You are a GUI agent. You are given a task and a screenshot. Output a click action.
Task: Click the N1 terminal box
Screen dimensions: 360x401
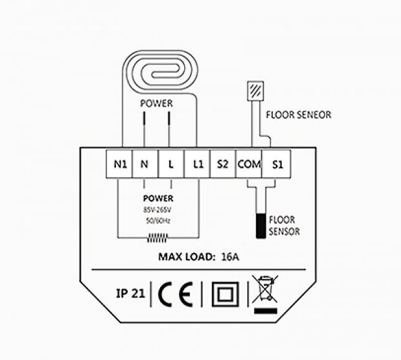click(119, 164)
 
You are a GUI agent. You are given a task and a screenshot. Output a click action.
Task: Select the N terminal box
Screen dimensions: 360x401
click(145, 164)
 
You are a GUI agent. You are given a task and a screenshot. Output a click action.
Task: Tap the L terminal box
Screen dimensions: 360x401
click(170, 164)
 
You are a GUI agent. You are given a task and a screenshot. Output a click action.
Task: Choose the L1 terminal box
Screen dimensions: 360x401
click(196, 164)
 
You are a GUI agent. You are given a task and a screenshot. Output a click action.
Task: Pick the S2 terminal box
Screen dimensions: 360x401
click(223, 164)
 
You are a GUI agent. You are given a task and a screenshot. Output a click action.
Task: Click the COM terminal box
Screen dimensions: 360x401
click(249, 164)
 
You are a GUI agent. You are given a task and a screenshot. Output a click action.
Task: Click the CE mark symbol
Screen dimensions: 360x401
click(175, 293)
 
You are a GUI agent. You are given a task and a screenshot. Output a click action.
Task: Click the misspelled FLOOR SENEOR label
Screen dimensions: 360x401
click(298, 115)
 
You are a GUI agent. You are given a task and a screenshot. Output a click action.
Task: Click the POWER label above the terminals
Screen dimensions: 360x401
click(156, 104)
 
